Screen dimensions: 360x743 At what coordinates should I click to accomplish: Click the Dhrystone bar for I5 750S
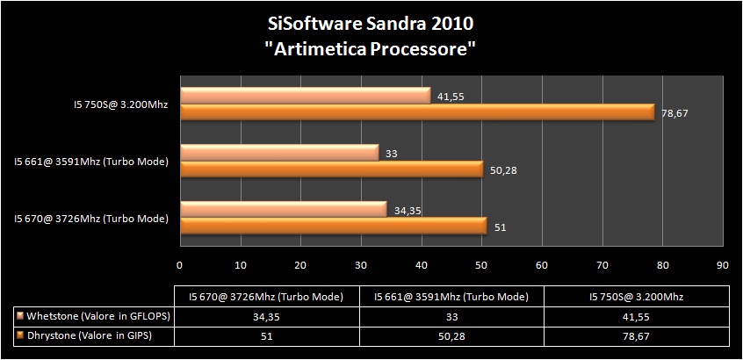point(417,112)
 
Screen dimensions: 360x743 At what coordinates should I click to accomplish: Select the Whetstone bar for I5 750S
point(305,95)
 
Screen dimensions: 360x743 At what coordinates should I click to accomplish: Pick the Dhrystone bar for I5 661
point(331,169)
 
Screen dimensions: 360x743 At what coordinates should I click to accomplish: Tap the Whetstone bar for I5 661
point(278,153)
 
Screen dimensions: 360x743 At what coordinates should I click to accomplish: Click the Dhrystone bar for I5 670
point(333,226)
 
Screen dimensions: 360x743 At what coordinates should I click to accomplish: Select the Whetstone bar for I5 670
point(283,209)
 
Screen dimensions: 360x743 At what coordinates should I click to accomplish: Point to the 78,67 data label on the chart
point(673,112)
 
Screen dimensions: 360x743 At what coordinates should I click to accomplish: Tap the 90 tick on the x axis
point(722,263)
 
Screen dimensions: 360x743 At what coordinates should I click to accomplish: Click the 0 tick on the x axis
point(180,263)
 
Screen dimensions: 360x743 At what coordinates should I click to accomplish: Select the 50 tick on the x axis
point(481,263)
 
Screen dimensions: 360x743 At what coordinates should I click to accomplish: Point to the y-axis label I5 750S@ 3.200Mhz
point(120,104)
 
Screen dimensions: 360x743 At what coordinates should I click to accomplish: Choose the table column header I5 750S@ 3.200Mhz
point(636,295)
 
